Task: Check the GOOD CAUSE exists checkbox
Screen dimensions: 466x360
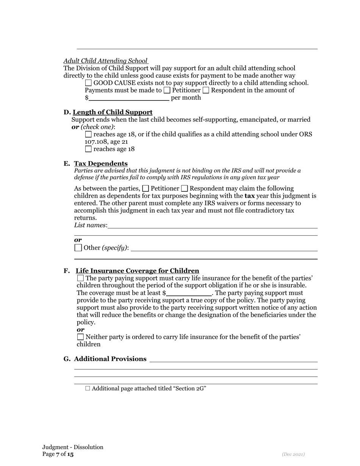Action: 88,83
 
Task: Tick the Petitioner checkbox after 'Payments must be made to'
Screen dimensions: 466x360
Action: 167,90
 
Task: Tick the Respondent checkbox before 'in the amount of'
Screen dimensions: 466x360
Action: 206,90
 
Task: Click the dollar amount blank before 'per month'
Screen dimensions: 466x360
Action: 129,98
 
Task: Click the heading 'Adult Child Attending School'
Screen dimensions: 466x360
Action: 105,61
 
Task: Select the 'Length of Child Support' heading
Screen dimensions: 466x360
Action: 113,112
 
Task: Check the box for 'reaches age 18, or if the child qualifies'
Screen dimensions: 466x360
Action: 88,134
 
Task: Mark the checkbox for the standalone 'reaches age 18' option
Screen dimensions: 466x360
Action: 88,149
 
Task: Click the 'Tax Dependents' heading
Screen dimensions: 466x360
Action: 101,163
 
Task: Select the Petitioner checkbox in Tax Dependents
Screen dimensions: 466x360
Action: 146,189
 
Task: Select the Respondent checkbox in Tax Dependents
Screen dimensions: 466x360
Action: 185,189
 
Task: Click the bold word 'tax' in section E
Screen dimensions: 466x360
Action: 249,196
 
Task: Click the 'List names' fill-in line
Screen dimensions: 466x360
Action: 212,225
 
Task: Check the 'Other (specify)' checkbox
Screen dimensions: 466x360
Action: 78,248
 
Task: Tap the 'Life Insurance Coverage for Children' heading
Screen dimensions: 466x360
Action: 137,271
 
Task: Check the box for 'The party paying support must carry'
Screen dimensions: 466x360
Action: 80,278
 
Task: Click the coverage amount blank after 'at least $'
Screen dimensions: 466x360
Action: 189,293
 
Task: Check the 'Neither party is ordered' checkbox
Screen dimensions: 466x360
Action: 80,337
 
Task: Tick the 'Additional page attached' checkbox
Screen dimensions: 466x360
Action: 88,388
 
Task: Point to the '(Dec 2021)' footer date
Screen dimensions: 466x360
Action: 293,454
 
